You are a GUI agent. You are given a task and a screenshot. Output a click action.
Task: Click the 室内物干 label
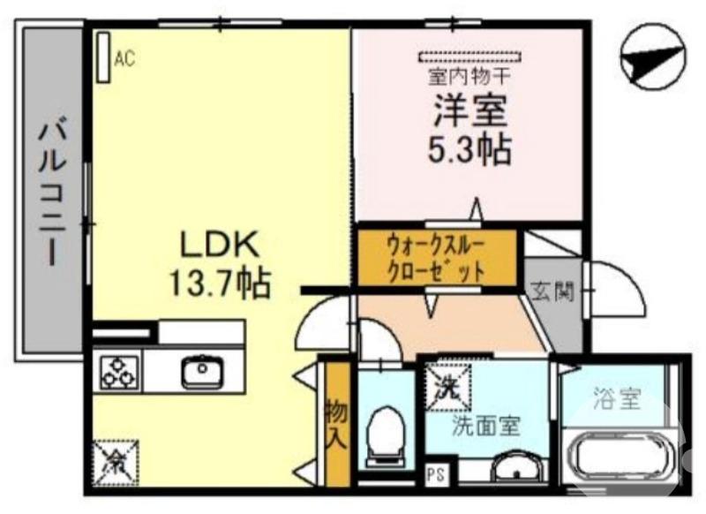pyautogui.click(x=469, y=77)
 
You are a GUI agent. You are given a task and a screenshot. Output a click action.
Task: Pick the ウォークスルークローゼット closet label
pyautogui.click(x=436, y=256)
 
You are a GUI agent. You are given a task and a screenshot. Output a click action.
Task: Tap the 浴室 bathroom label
pyautogui.click(x=617, y=399)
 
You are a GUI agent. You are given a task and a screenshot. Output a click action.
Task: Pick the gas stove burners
pyautogui.click(x=116, y=371)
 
